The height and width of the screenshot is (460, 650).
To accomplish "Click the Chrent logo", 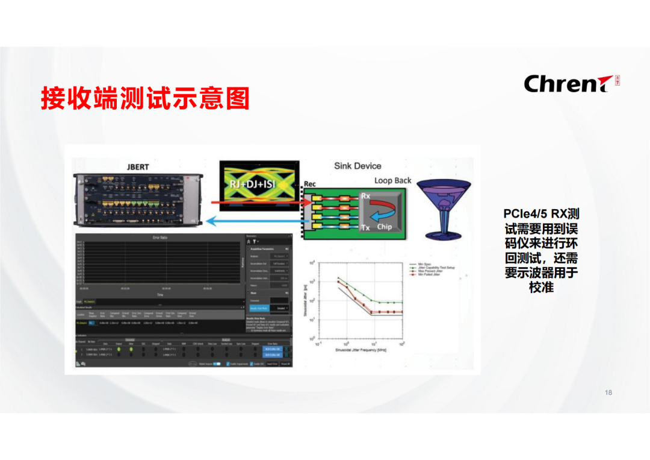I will (568, 84).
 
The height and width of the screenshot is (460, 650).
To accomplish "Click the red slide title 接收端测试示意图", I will (145, 98).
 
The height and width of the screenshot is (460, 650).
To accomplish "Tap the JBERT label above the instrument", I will (137, 166).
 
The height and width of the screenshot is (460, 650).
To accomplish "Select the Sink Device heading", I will (357, 166).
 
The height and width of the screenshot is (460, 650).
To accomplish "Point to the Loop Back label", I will (392, 180).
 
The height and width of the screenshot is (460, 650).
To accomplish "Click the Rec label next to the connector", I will (310, 184).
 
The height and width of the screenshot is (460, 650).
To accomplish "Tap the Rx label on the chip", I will (365, 196).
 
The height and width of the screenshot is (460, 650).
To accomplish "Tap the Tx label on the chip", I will (365, 227).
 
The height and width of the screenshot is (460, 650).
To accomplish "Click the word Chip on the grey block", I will (384, 227).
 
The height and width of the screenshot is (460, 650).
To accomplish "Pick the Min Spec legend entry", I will (425, 263).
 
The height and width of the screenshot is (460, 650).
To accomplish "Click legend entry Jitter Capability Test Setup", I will (436, 267).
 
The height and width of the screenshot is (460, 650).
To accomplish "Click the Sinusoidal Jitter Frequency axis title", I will (361, 350).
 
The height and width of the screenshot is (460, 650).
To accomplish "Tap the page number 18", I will (608, 392).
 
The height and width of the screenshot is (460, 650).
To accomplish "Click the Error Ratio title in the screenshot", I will (159, 238).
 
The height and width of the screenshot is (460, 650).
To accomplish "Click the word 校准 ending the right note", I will (541, 288).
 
